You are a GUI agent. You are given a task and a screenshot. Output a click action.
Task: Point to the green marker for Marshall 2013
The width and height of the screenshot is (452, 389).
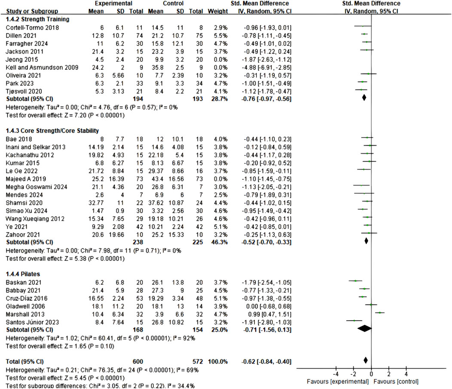pyautogui.click(x=380, y=313)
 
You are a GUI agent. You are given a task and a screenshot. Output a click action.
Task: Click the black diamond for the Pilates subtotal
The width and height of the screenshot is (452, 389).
pyautogui.click(x=364, y=328)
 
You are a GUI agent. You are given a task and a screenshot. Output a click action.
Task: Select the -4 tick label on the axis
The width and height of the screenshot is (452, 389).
pyautogui.click(x=336, y=374)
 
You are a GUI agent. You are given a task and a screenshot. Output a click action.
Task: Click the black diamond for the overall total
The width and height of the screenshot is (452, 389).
pyautogui.click(x=365, y=360)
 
